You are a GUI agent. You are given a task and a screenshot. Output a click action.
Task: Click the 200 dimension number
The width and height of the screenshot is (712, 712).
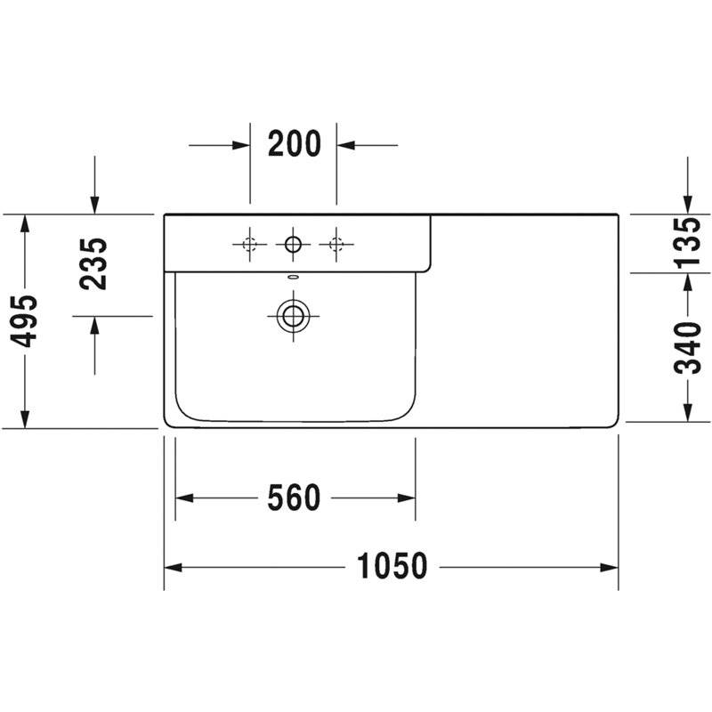click(295, 143)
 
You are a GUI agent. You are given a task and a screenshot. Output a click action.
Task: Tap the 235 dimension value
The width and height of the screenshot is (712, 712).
click(93, 263)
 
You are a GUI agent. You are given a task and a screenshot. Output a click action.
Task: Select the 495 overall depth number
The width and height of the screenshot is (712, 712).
click(23, 320)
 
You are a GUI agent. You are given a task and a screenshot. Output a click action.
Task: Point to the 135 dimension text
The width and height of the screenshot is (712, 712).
click(686, 242)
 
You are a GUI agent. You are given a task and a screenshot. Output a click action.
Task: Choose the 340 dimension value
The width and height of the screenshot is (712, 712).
click(686, 348)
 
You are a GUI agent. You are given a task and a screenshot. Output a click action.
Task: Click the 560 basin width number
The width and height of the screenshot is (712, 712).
click(294, 498)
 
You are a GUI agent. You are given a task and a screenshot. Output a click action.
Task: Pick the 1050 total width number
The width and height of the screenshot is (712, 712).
click(392, 566)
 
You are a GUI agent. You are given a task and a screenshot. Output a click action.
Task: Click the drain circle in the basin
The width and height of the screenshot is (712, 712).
click(294, 316)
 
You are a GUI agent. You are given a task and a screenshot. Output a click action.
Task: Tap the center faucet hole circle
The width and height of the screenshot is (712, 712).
click(293, 244)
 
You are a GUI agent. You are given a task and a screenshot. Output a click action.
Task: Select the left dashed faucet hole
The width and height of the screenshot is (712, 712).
click(249, 244)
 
